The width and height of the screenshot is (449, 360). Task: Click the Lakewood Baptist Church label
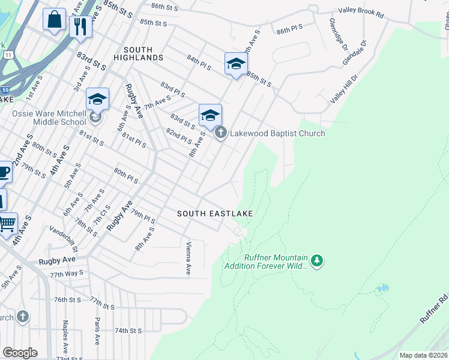coord(277,133)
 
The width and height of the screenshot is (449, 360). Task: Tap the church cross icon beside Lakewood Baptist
coord(220,133)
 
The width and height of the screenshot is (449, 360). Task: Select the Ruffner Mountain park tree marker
coord(317,260)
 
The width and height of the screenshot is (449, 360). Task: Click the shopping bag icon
coord(54,19)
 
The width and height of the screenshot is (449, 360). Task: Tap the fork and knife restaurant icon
coord(80,26)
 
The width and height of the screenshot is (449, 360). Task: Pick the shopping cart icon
coord(7,224)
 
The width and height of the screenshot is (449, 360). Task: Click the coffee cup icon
coord(4,173)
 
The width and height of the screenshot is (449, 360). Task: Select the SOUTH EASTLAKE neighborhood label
coord(214,214)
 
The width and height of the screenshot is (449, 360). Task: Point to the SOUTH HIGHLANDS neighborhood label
coord(143,53)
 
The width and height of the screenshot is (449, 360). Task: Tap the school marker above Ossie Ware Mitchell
coord(97,99)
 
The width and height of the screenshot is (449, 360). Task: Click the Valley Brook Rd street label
coord(361,11)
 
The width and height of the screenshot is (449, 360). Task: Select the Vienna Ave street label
coord(188,258)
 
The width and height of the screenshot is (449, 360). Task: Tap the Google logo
coord(20,353)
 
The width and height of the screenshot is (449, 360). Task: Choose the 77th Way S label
coord(67,274)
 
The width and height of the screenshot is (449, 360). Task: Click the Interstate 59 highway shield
coord(5,89)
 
